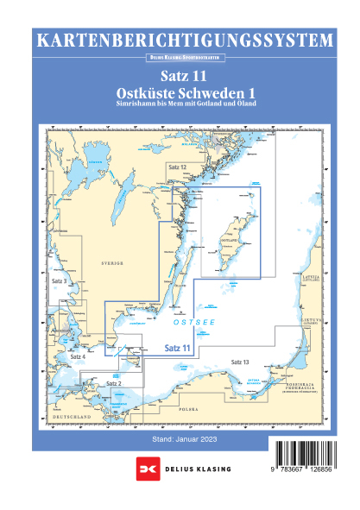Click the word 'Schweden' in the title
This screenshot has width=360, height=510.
coord(198,92)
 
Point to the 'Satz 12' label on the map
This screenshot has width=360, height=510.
coord(178,165)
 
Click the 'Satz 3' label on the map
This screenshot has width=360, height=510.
coord(60,282)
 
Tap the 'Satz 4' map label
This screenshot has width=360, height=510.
coord(77,356)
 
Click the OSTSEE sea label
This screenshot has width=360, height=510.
coord(190,320)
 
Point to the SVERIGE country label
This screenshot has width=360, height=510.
coord(112,261)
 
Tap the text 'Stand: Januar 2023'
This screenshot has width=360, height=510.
coord(180,439)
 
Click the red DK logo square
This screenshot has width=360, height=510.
coord(143,468)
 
